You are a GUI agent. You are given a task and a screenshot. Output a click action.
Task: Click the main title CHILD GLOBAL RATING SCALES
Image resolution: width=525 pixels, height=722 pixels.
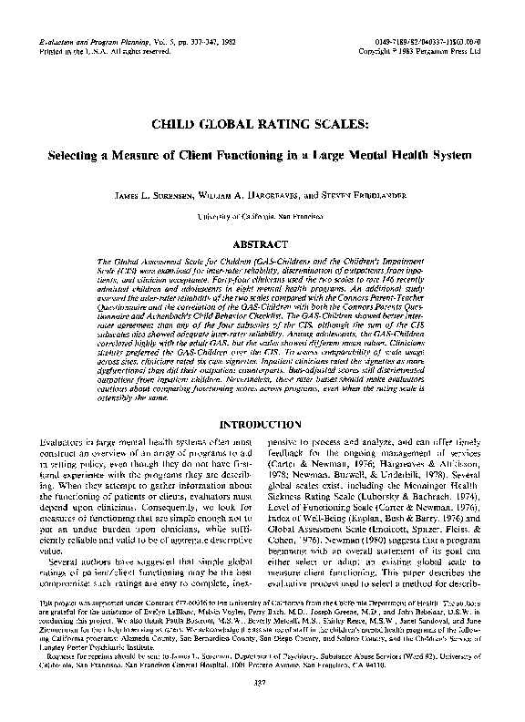tap(262, 125)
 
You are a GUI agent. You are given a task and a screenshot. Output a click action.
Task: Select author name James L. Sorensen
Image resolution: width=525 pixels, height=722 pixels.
tap(155, 194)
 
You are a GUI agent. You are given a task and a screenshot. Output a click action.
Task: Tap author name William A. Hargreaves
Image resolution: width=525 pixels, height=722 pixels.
tap(245, 194)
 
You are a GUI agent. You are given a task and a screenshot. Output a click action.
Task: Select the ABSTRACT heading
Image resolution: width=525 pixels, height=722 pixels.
tap(262, 244)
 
